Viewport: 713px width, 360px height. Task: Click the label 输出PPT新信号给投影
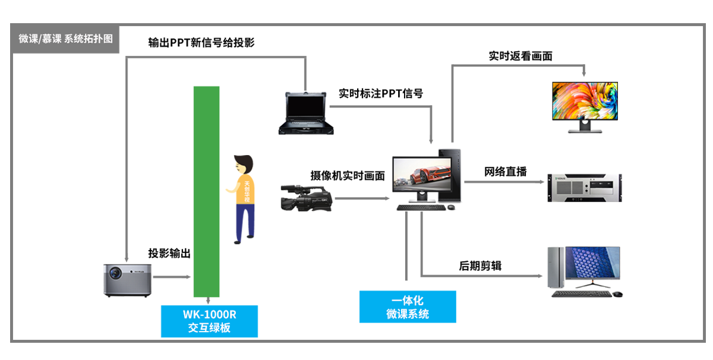coord(201,43)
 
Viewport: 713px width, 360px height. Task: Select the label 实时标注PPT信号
coord(380,93)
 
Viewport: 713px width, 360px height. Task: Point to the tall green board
coord(206,191)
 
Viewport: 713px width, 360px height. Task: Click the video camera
coord(306,198)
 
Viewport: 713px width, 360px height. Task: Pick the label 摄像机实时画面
coord(348,176)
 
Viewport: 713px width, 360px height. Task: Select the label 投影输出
coord(169,254)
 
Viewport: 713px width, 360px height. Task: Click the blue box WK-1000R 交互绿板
coord(209,321)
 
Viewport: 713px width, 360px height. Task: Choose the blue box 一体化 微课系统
coord(408,307)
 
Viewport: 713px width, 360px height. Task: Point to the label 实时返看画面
coord(520,56)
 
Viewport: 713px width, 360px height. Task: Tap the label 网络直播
coord(505,172)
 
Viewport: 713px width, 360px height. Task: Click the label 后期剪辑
coord(480,266)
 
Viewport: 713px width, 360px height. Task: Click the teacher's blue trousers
coord(245,221)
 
